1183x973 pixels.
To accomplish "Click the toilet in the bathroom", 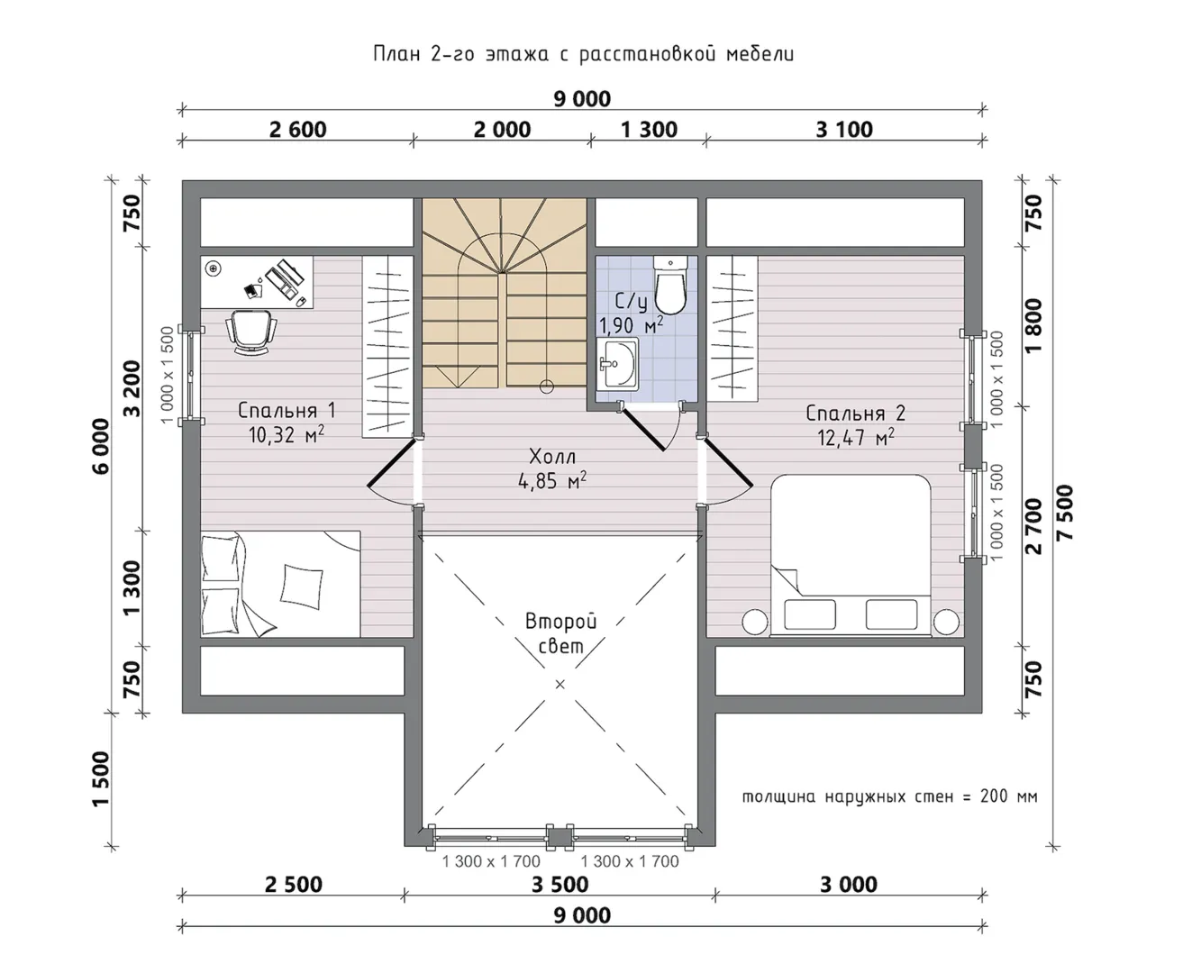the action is pyautogui.click(x=670, y=285).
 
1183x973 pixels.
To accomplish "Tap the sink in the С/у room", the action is pyautogui.click(x=617, y=363).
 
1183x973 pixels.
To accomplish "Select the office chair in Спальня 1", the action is pyautogui.click(x=251, y=332).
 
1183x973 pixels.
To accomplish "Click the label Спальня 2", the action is pyautogui.click(x=855, y=414).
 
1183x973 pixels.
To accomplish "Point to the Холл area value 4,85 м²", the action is pyautogui.click(x=552, y=480).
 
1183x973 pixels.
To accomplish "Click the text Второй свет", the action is pyautogui.click(x=561, y=633).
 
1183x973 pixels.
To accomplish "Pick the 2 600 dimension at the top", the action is pyautogui.click(x=298, y=130).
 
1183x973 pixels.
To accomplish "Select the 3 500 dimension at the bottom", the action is pyautogui.click(x=560, y=885).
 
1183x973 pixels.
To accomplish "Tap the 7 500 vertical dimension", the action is pyautogui.click(x=1064, y=514).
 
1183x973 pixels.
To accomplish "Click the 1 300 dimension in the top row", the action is pyautogui.click(x=649, y=130).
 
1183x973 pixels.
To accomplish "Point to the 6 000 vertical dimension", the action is pyautogui.click(x=101, y=446).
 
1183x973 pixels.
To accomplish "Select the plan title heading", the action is pyautogui.click(x=583, y=54).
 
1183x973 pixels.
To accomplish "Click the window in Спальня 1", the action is pyautogui.click(x=191, y=375).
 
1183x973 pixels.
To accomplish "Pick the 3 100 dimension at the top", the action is pyautogui.click(x=844, y=130).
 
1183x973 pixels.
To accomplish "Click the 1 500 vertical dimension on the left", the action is pyautogui.click(x=101, y=779).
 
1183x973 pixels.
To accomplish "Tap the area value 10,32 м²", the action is pyautogui.click(x=287, y=434).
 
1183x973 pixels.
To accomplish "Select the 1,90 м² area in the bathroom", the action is pyautogui.click(x=631, y=324).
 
